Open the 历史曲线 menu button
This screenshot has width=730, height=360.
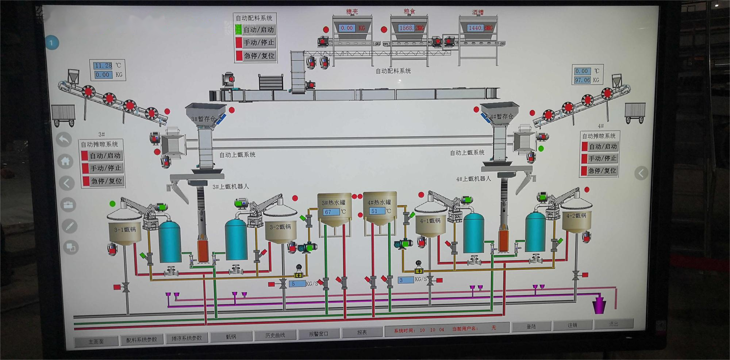click(x=275, y=335)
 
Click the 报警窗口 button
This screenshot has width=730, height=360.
click(x=319, y=334)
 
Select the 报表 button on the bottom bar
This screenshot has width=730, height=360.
click(x=362, y=332)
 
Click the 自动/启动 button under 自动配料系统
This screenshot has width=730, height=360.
click(x=258, y=30)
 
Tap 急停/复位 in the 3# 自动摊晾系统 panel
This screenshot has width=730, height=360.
click(x=106, y=181)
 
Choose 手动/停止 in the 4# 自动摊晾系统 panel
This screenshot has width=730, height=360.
click(x=602, y=158)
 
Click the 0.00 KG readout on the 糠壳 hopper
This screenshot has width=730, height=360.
click(x=347, y=28)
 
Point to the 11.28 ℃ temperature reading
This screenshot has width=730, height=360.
click(x=103, y=66)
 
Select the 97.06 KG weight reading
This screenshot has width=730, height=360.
click(x=582, y=80)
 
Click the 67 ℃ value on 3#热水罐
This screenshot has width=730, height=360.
click(x=328, y=212)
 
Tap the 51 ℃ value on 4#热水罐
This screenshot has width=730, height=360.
click(x=374, y=211)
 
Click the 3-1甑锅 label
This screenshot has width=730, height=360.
click(x=125, y=230)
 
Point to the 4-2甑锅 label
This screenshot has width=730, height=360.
click(x=576, y=216)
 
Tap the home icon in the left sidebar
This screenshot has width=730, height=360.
click(x=65, y=161)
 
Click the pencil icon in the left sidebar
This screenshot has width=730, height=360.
click(x=69, y=226)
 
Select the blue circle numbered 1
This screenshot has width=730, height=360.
click(x=51, y=43)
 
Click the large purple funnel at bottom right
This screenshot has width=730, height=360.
click(x=599, y=305)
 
